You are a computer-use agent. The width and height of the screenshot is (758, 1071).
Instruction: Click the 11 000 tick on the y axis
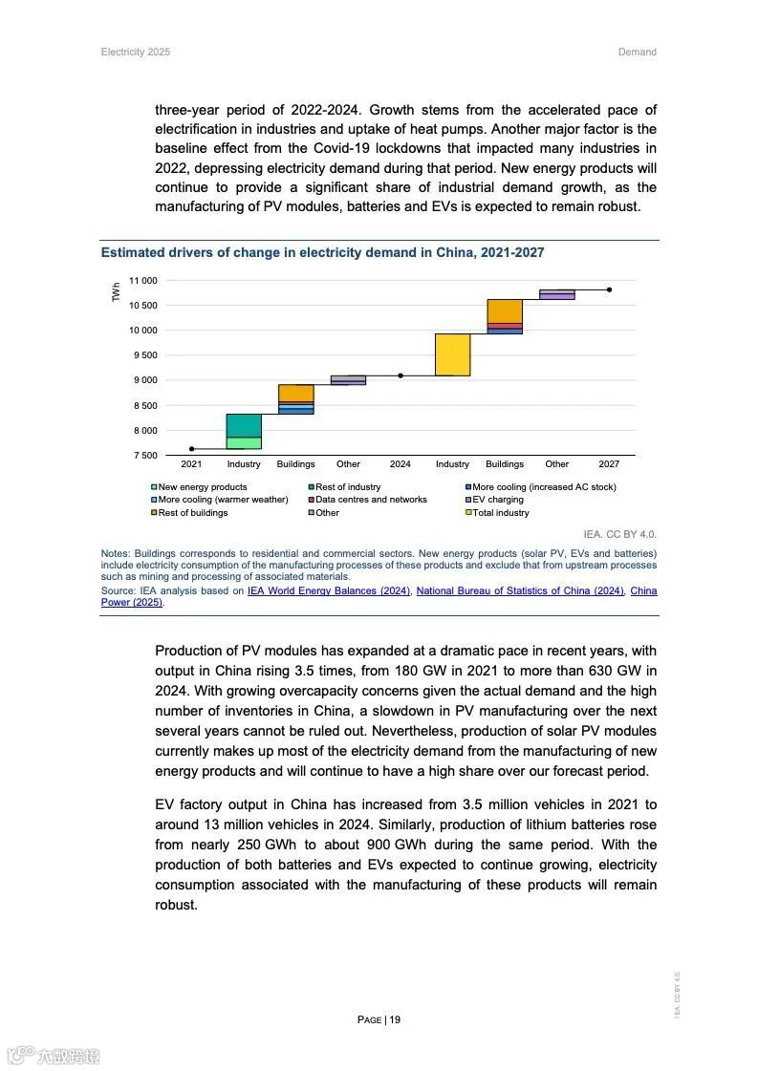pyautogui.click(x=142, y=281)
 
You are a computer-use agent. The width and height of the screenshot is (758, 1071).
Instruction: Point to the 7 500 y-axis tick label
pyautogui.click(x=144, y=456)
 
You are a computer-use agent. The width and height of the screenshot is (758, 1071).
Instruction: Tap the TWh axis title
pyautogui.click(x=117, y=292)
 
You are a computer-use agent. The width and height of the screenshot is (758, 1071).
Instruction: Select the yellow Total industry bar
pyautogui.click(x=452, y=354)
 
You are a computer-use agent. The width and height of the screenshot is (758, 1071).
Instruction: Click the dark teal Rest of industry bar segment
pyautogui.click(x=244, y=425)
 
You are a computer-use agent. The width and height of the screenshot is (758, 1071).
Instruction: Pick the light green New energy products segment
pyautogui.click(x=244, y=442)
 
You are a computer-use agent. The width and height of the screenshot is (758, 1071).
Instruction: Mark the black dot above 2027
pyautogui.click(x=609, y=289)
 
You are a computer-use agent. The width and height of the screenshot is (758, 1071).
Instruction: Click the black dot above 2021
pyautogui.click(x=191, y=448)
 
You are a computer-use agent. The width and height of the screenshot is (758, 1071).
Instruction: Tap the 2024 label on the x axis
pyautogui.click(x=400, y=464)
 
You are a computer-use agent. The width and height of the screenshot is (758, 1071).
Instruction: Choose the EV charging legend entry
pyautogui.click(x=497, y=500)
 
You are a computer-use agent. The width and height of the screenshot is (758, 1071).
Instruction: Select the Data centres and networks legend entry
pyautogui.click(x=371, y=500)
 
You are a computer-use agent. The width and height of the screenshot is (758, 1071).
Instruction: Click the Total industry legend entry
pyautogui.click(x=500, y=513)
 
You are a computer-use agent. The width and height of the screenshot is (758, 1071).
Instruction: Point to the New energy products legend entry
pyautogui.click(x=202, y=487)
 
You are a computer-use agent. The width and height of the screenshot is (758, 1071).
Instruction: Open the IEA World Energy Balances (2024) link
pyautogui.click(x=329, y=591)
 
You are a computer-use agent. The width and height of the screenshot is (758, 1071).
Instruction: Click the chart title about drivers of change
pyautogui.click(x=322, y=253)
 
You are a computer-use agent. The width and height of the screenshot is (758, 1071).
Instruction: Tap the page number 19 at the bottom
pyautogui.click(x=395, y=1019)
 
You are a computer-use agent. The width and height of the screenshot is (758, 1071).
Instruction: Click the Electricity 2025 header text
pyautogui.click(x=136, y=52)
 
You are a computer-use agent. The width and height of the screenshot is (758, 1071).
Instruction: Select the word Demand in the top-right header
pyautogui.click(x=637, y=52)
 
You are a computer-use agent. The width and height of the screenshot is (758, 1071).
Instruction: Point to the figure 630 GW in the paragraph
pyautogui.click(x=613, y=671)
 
